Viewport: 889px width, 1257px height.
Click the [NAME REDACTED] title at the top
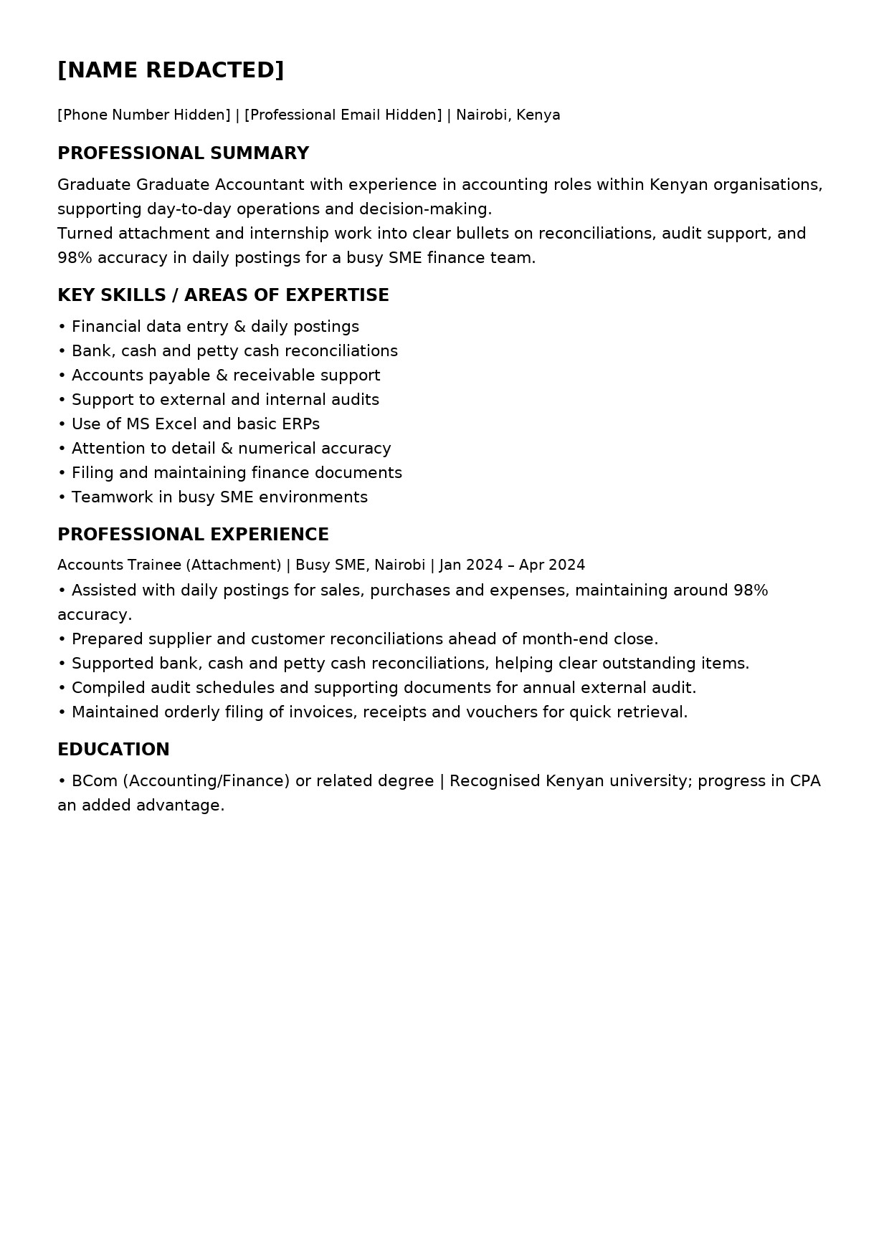[171, 70]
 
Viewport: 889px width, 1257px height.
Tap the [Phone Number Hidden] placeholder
[144, 115]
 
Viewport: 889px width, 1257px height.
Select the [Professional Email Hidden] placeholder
[343, 115]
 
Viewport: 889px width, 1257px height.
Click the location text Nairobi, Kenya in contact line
[508, 115]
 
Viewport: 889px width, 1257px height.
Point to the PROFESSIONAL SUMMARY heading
[183, 153]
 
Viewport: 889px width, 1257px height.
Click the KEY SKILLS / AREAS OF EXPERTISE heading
[223, 295]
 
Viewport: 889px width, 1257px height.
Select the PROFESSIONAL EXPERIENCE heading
[193, 535]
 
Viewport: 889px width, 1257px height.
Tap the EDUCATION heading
[113, 750]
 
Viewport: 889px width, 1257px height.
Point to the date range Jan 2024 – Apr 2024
[512, 565]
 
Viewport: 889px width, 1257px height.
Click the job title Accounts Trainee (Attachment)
[169, 565]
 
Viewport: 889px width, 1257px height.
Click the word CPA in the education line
[804, 781]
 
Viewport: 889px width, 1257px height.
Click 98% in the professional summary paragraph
[75, 258]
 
